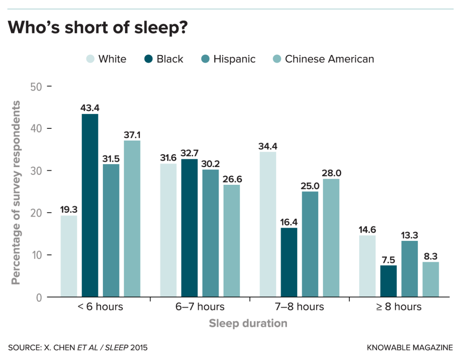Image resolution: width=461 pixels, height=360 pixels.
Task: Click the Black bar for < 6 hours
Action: tap(90, 206)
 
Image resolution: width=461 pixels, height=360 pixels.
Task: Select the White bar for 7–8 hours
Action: tap(268, 224)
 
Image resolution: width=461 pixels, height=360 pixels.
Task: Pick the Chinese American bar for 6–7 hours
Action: tap(232, 241)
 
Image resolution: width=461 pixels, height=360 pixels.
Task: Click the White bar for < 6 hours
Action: tap(69, 256)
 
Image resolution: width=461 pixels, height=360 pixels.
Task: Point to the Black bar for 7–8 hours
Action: tap(289, 262)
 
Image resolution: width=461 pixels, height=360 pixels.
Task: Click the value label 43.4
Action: tap(90, 108)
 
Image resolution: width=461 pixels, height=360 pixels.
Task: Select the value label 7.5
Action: tap(389, 259)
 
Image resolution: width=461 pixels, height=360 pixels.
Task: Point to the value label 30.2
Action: tap(211, 163)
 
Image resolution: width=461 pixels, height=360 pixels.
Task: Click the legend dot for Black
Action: tap(148, 59)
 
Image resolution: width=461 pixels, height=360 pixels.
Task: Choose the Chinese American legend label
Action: tap(329, 59)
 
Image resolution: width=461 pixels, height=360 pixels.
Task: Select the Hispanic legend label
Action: tap(234, 59)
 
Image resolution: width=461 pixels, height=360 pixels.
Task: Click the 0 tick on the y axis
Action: tap(38, 297)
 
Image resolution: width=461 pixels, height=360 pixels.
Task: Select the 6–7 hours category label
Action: tap(200, 307)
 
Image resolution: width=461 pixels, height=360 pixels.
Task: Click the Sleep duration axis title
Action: tap(248, 324)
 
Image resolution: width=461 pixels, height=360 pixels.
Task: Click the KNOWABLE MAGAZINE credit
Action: tap(410, 348)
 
